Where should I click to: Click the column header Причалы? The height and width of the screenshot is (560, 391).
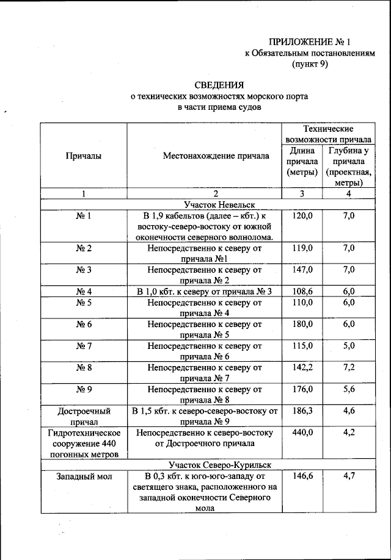83,156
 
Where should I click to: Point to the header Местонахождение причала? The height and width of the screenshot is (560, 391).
216,156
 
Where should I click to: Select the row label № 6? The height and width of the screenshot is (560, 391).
84,325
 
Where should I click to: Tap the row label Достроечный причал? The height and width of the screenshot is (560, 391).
84,416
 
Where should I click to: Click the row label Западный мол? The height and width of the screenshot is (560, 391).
84,476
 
